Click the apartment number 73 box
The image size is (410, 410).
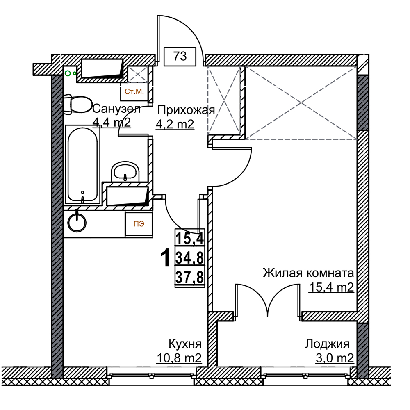point(180,56)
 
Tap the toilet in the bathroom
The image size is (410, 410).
point(77,104)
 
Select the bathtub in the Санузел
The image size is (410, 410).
point(82,165)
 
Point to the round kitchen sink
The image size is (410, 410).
point(77,223)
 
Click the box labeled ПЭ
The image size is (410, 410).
point(139,224)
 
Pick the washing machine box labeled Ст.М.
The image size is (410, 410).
point(134,92)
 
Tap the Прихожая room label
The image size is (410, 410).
point(186,110)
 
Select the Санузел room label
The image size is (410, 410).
point(116,109)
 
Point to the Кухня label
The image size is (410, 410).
point(185,344)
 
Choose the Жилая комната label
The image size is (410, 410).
point(308,273)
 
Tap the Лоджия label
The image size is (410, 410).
point(327,344)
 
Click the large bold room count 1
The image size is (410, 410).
point(165,258)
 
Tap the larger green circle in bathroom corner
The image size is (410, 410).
point(68,73)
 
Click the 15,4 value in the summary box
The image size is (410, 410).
point(189,238)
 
